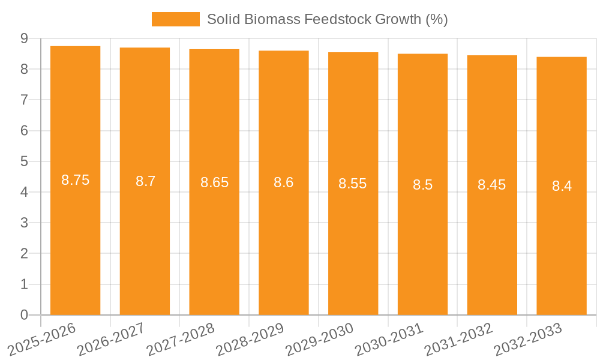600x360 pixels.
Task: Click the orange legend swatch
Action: [x=175, y=19]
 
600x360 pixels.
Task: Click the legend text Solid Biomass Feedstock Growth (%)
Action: [x=327, y=19]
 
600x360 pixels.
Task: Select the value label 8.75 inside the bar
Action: [x=75, y=180]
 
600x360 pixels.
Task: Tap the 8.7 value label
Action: [x=145, y=181]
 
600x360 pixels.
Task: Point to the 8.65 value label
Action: [x=214, y=182]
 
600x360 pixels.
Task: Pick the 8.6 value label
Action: [x=283, y=182]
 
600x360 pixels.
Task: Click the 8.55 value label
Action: [x=352, y=184]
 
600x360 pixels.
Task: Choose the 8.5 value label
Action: [x=422, y=185]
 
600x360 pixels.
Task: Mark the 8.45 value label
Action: [x=491, y=185]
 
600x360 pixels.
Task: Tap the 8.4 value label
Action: [x=562, y=186]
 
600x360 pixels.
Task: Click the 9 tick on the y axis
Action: [x=24, y=38]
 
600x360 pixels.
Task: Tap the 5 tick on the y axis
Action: [x=24, y=161]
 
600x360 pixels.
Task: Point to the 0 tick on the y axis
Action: [x=24, y=315]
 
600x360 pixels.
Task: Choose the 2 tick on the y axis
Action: [x=24, y=254]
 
